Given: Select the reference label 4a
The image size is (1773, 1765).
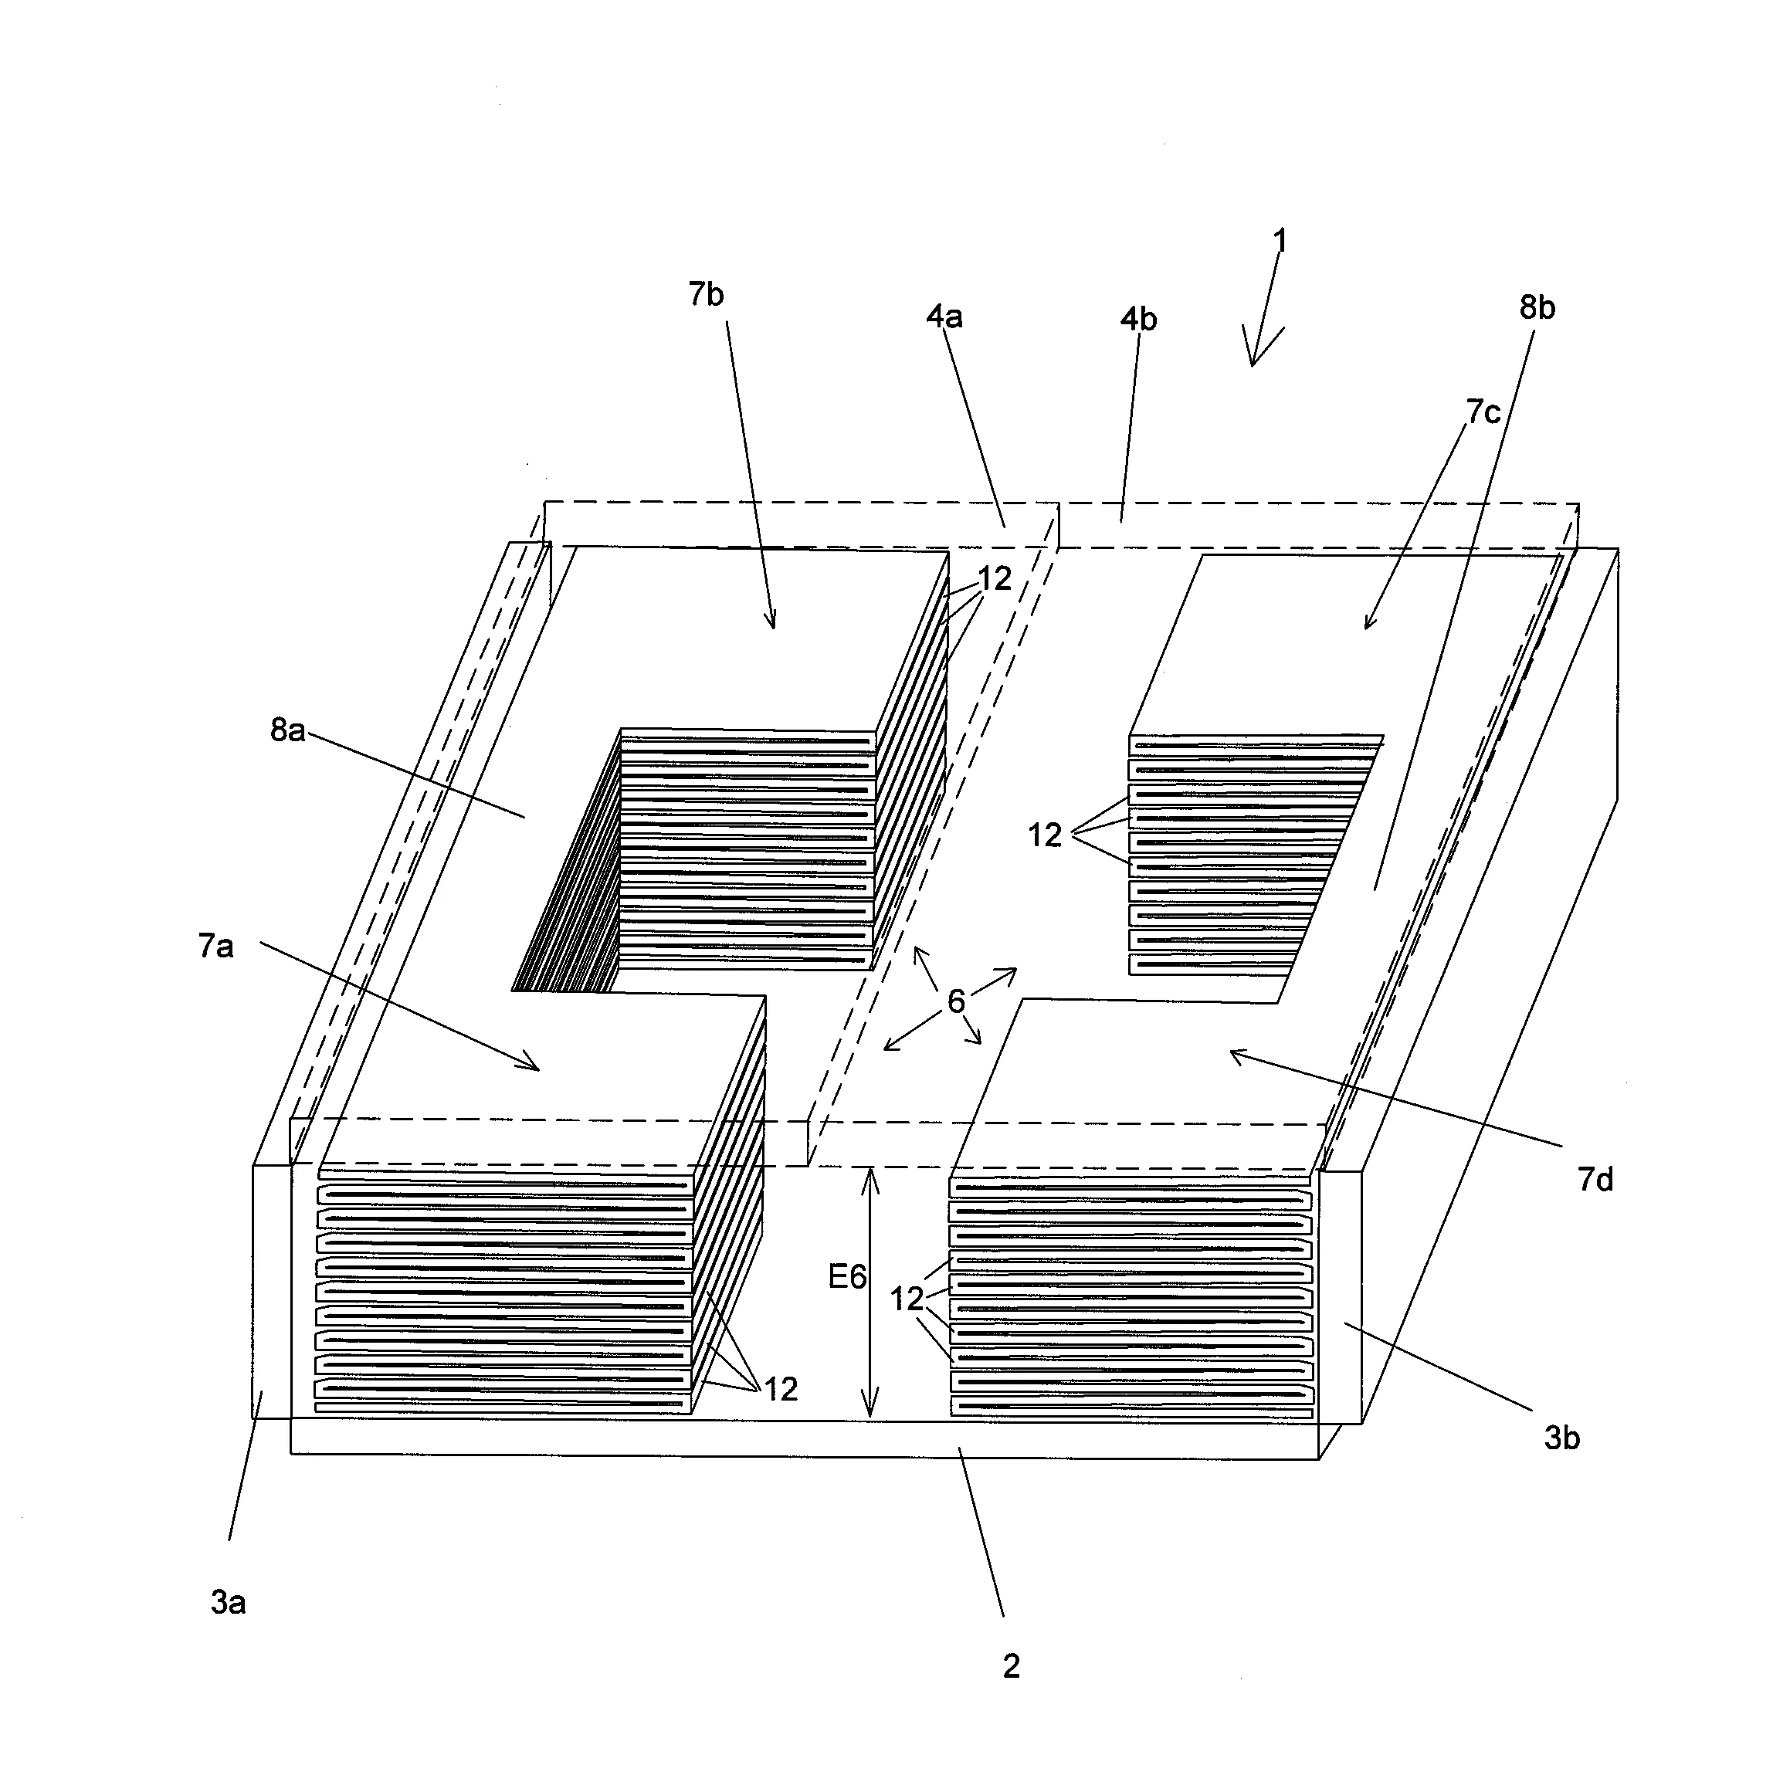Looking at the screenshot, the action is pyautogui.click(x=944, y=317).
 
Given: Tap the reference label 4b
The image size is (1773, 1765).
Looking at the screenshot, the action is pyautogui.click(x=1139, y=319).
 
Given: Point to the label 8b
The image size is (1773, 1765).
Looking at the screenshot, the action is pyautogui.click(x=1537, y=307).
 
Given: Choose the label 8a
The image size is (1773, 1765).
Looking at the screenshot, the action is pyautogui.click(x=287, y=730).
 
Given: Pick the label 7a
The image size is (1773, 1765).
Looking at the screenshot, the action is pyautogui.click(x=215, y=946).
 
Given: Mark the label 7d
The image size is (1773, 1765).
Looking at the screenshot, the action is pyautogui.click(x=1595, y=1179).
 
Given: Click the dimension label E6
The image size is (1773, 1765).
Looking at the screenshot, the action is pyautogui.click(x=847, y=1276).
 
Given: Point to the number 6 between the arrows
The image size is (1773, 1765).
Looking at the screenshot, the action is pyautogui.click(x=956, y=1001).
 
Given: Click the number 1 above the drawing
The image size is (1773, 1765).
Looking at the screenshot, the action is pyautogui.click(x=1280, y=240).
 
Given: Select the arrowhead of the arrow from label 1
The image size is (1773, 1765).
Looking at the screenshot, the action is pyautogui.click(x=1253, y=364).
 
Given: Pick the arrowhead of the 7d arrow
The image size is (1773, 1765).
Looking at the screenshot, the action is pyautogui.click(x=1232, y=1053).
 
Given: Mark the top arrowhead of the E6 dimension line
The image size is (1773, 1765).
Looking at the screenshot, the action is pyautogui.click(x=870, y=1171).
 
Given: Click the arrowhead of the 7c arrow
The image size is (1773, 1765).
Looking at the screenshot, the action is pyautogui.click(x=1367, y=628).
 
